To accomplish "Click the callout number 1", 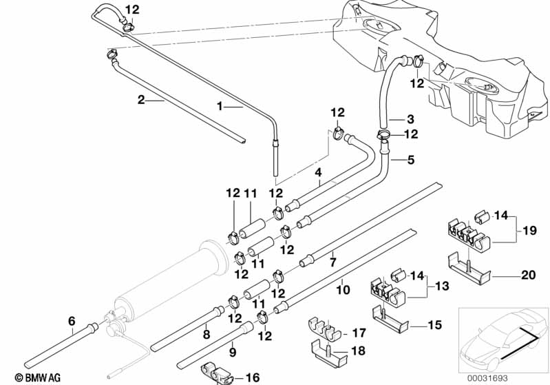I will point(221,107).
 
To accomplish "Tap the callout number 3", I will point(410,118).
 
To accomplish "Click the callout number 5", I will point(411,160).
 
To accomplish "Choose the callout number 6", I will point(72,320).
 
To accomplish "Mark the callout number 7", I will point(332,262).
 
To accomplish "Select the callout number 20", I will point(528,274).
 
